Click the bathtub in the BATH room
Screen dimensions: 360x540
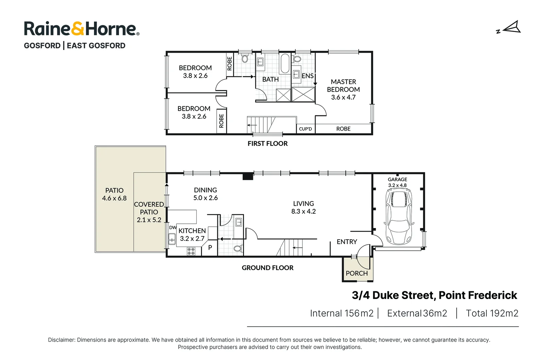285,63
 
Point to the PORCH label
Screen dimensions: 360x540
357,273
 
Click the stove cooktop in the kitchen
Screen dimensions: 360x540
191,251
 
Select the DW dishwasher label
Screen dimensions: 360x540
173,228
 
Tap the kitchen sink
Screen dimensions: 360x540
172,239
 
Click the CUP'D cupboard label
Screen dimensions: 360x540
305,129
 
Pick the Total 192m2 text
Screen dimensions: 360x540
492,313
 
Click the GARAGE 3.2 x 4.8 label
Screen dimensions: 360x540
397,182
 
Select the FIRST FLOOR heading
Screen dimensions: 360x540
267,144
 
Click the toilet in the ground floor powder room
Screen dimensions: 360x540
238,248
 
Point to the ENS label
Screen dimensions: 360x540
307,76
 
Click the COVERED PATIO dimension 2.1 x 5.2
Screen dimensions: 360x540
149,220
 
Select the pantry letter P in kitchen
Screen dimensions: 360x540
210,248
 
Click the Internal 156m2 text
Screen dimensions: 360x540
342,313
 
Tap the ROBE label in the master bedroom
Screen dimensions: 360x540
343,129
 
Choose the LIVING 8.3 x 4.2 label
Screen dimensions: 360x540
303,207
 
